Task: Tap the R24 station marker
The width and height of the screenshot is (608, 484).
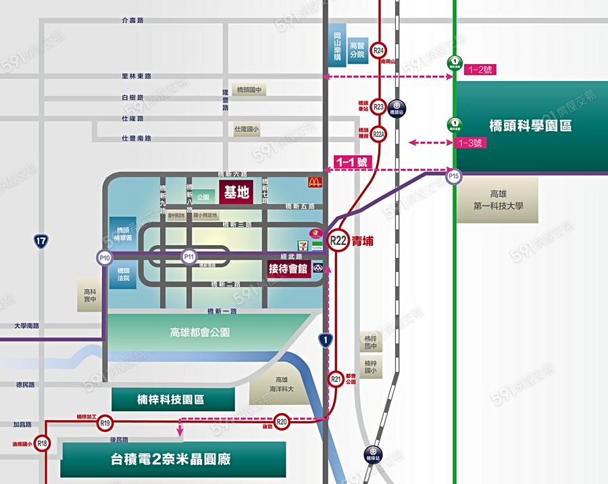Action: [379, 51]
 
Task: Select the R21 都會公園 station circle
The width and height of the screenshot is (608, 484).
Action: [336, 379]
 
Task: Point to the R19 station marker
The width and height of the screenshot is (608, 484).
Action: [105, 423]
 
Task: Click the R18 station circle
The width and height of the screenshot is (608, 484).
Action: [43, 443]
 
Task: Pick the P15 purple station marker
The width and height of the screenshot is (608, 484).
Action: [453, 177]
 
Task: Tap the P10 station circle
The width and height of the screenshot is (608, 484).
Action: [105, 257]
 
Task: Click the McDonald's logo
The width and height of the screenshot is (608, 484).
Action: [313, 182]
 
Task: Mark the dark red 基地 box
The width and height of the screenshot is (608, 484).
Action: [236, 192]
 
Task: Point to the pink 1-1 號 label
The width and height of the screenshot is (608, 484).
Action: [352, 162]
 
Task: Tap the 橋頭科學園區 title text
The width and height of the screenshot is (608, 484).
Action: [530, 126]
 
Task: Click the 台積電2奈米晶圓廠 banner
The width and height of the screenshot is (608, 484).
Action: [174, 460]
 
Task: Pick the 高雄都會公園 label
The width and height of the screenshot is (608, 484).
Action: [200, 332]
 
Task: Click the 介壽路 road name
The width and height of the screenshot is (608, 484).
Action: [132, 20]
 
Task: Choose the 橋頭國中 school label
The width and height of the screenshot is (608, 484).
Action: [249, 90]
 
